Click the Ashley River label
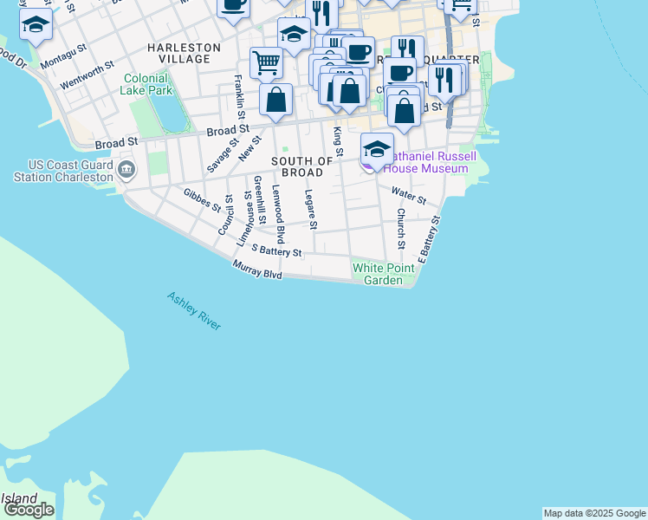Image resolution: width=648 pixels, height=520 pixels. [x=194, y=310]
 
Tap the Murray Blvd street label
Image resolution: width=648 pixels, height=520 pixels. [x=258, y=269]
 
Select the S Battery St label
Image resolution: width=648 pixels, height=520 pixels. [x=275, y=251]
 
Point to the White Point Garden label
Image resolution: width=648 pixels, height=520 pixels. [x=378, y=274]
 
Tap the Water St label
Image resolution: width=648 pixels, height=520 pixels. [x=408, y=196]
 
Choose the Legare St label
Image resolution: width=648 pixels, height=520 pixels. [x=311, y=211]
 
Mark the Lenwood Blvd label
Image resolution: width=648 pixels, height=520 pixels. [x=278, y=213]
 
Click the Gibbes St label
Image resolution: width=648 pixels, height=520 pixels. [x=202, y=200]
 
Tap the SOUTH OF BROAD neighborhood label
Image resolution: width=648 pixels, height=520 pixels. [x=302, y=167]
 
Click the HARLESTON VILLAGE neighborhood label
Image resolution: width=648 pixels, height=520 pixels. [x=184, y=53]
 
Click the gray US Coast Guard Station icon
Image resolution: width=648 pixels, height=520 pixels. [x=126, y=168]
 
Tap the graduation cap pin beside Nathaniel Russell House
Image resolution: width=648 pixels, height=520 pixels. [x=377, y=149]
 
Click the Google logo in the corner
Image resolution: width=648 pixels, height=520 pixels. [x=29, y=510]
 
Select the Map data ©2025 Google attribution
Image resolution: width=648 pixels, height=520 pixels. [x=593, y=513]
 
